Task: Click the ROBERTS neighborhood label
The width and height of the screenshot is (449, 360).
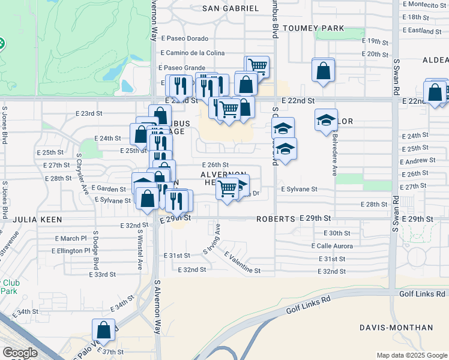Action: click(276, 219)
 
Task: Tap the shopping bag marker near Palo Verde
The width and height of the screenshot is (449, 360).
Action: click(103, 330)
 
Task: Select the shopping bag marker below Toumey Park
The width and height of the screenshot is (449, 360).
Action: click(323, 71)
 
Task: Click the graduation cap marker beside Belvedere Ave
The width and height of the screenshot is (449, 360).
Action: click(326, 120)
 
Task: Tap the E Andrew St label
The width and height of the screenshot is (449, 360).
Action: click(418, 161)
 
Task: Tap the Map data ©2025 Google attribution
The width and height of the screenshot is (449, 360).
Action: click(411, 355)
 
